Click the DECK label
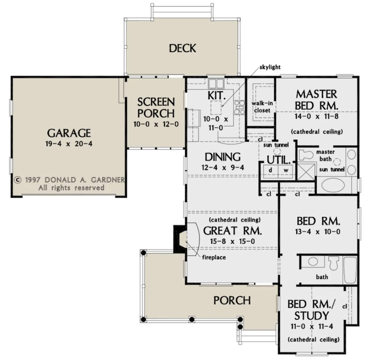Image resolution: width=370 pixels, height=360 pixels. [x=182, y=48]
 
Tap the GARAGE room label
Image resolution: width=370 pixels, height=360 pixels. [x=69, y=133]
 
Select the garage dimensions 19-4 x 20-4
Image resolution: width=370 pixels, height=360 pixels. [x=69, y=144]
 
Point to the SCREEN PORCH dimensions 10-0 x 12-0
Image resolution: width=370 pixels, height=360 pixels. [x=156, y=124]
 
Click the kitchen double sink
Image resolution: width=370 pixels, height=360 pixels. [x=216, y=83]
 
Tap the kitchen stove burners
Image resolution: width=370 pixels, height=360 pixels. [x=239, y=107]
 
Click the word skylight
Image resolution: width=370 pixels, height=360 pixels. [x=270, y=67]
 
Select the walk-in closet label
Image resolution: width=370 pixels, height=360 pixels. [x=262, y=107]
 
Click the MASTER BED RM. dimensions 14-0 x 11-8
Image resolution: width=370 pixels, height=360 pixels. [x=317, y=116]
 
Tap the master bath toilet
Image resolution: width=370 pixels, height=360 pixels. [x=306, y=155]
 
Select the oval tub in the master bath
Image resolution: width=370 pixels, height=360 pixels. [x=333, y=185]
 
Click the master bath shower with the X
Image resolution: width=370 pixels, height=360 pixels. [x=306, y=172]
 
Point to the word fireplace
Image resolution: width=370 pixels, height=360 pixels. [x=214, y=257]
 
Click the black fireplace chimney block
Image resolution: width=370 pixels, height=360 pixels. [x=179, y=239]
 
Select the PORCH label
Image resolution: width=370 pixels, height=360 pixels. [x=232, y=301]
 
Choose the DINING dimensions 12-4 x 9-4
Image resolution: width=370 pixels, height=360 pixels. [x=223, y=168]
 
